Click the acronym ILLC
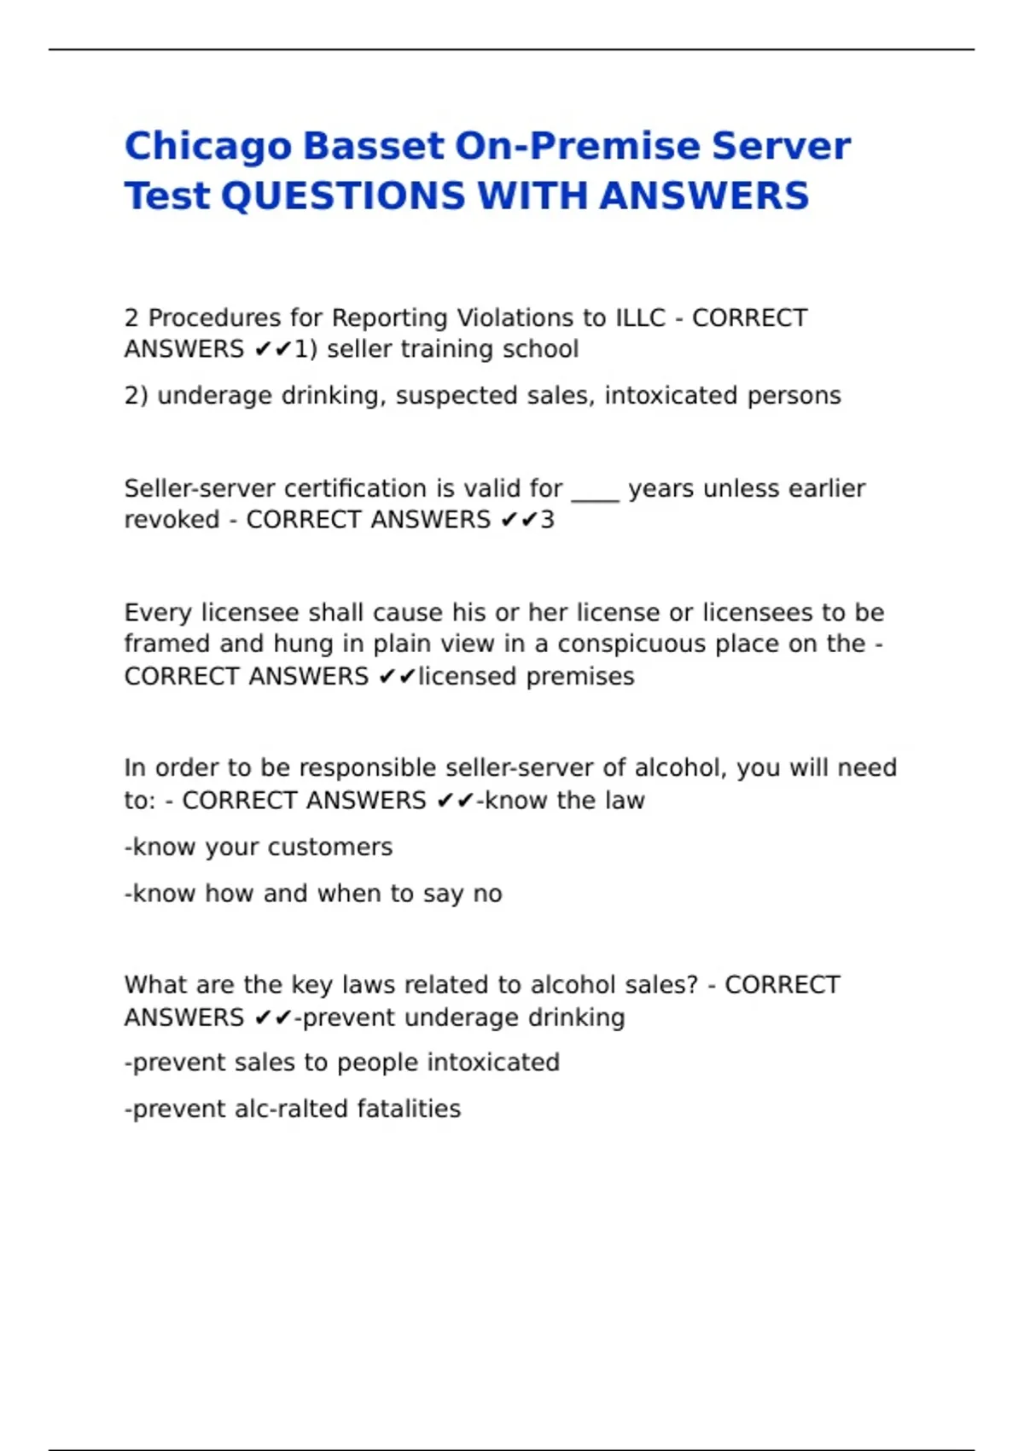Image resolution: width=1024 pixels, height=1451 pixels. tap(640, 318)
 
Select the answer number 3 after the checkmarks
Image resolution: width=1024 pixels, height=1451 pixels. tap(547, 520)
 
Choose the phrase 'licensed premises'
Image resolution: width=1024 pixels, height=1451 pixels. tap(526, 677)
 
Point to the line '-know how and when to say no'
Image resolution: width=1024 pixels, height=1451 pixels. tap(313, 894)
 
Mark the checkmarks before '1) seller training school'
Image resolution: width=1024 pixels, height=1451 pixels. tap(273, 349)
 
